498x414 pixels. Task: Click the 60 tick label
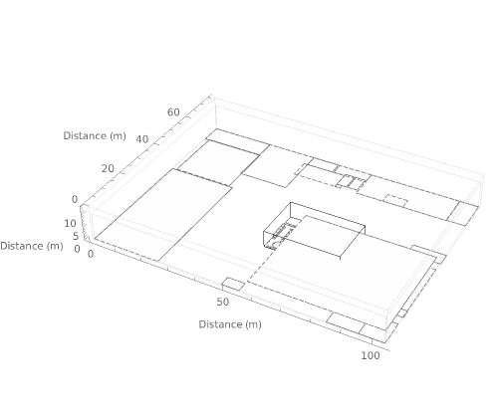[x=173, y=112]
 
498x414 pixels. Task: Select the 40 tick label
[x=142, y=139]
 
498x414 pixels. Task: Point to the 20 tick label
[x=108, y=169]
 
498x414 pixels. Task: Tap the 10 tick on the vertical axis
[x=70, y=224]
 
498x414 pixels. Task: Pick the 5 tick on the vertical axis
[x=76, y=236]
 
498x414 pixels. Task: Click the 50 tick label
[x=223, y=302]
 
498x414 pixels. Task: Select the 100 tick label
[x=371, y=355]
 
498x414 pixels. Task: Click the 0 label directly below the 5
[x=77, y=249]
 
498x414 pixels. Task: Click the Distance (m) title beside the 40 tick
[x=95, y=135]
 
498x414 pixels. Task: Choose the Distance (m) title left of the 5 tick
[x=32, y=246]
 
